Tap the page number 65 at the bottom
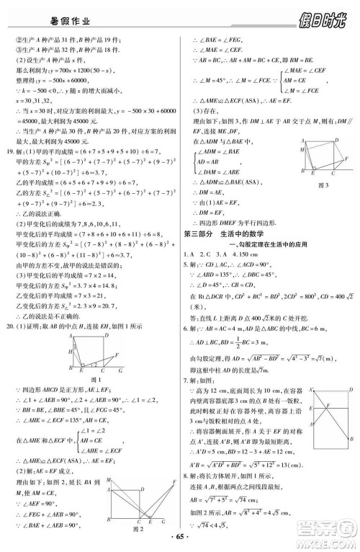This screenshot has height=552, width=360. point(180,540)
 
